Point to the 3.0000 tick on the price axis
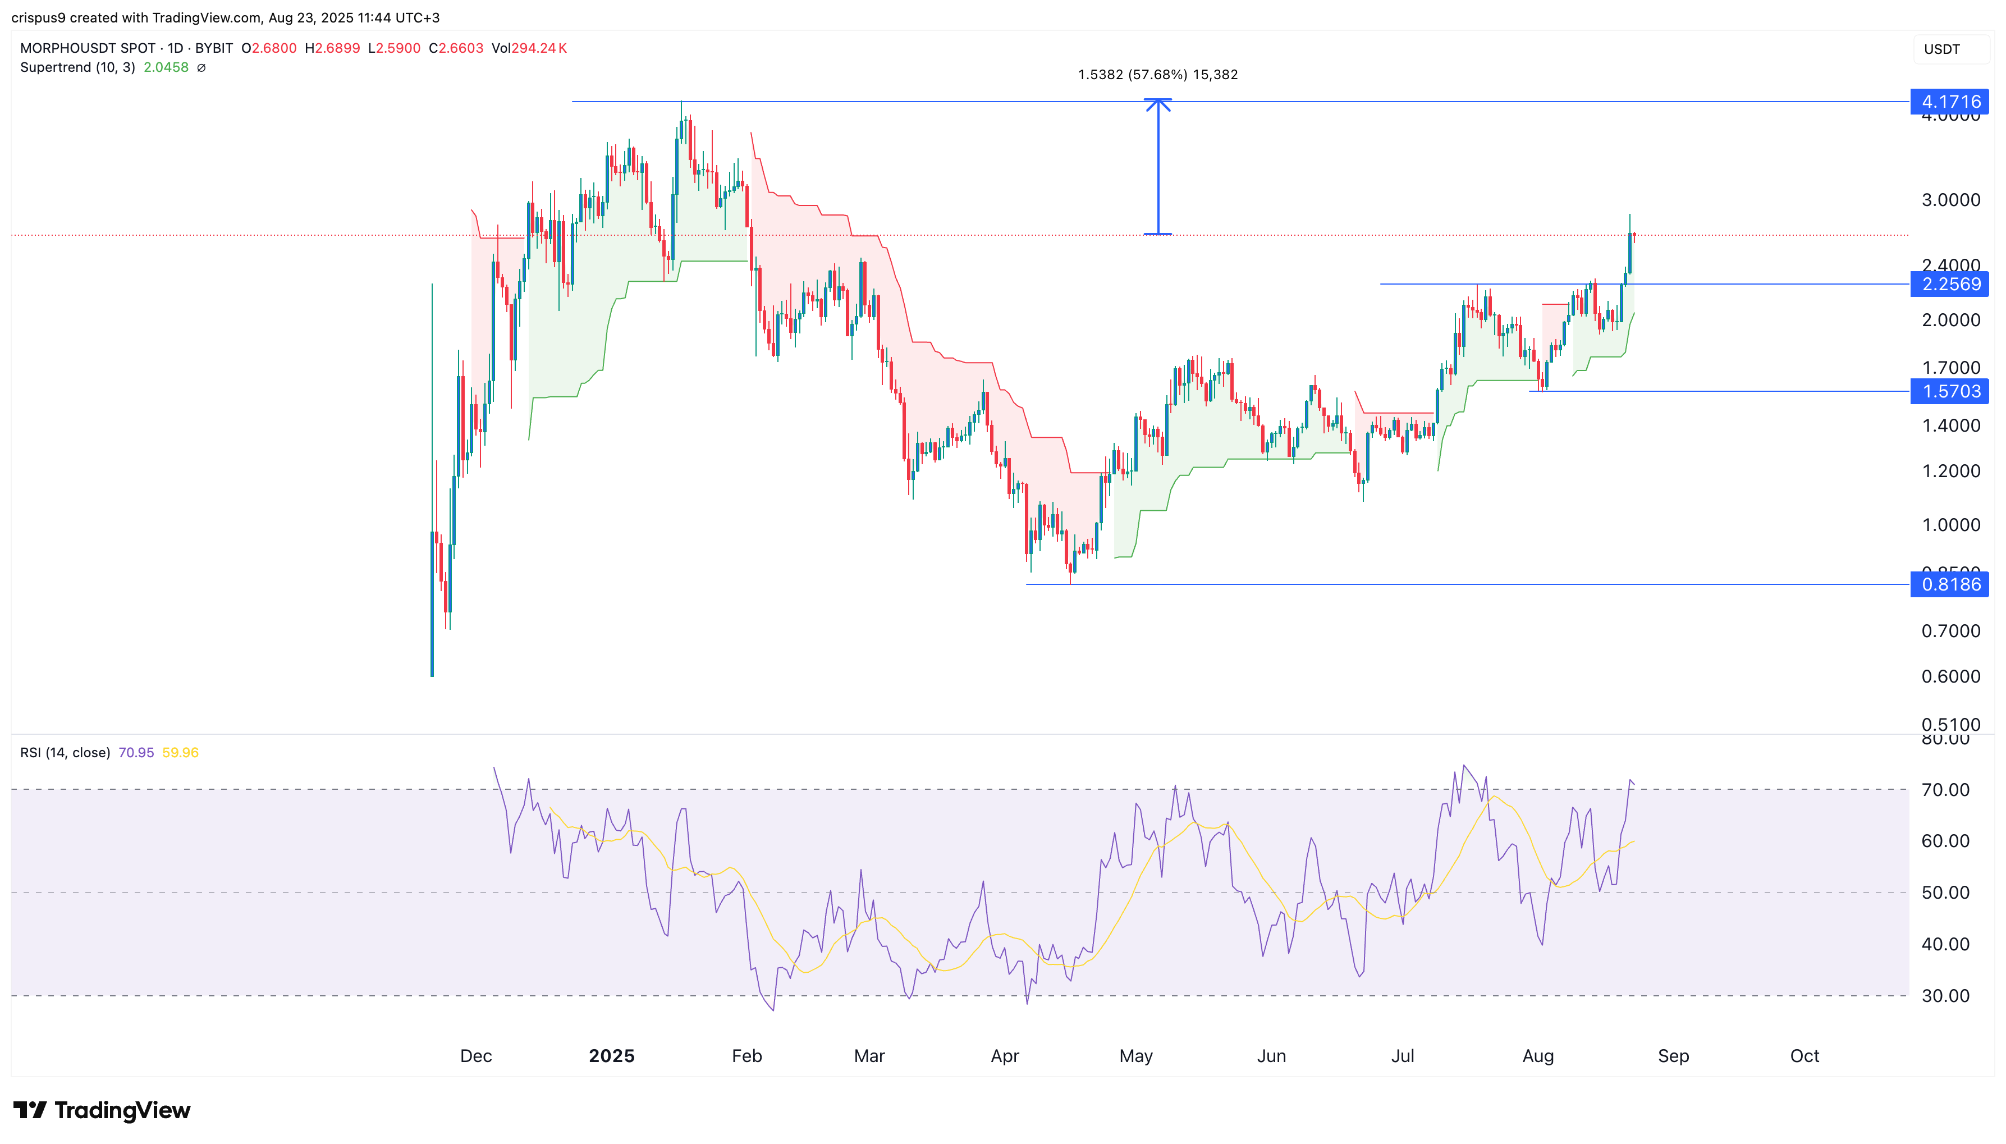(1951, 200)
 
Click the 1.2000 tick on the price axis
(1951, 470)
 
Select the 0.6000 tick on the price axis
(1951, 676)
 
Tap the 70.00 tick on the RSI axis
(1945, 790)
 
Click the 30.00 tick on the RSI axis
(1945, 995)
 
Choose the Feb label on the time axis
(746, 1055)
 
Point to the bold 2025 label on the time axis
(611, 1055)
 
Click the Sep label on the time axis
(1673, 1055)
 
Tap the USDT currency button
(1941, 49)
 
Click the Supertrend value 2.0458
(166, 67)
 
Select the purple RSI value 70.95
(136, 753)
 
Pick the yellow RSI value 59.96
(180, 753)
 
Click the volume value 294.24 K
(539, 48)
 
